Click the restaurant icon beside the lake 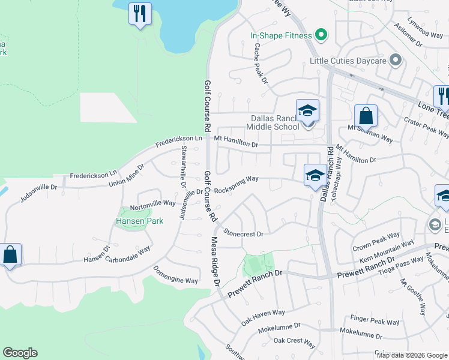pos(140,13)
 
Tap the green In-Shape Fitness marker pos(321,35)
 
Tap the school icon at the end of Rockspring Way pos(315,175)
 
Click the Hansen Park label pos(131,221)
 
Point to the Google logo pos(20,353)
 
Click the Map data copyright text pos(411,355)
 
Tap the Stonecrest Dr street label pos(243,232)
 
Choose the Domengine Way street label pos(175,275)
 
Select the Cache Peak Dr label pos(259,63)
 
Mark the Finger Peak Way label pos(375,321)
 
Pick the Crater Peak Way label pos(427,128)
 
